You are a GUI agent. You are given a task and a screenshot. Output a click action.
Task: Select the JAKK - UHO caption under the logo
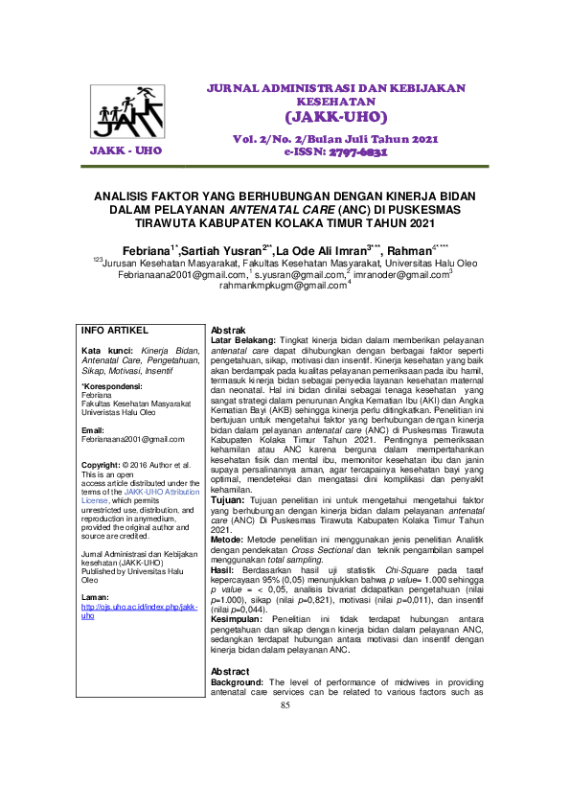pos(125,151)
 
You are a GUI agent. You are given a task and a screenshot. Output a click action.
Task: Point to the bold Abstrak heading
pos(229,330)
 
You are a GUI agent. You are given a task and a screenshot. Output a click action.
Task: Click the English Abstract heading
pos(230,671)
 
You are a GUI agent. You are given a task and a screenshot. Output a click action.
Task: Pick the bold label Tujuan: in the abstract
pos(228,500)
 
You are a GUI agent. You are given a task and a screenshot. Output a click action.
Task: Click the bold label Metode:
pos(228,540)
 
